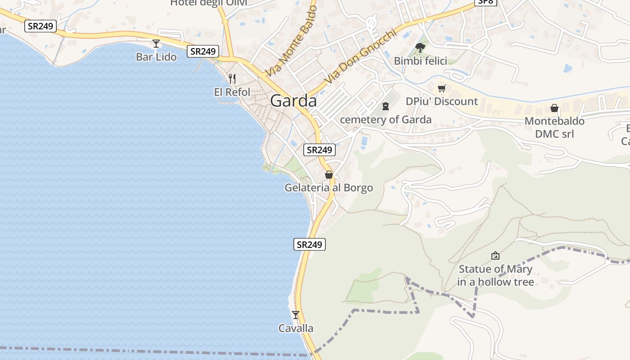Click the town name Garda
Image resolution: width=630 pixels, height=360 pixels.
click(x=293, y=101)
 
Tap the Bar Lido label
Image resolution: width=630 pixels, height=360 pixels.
click(x=156, y=57)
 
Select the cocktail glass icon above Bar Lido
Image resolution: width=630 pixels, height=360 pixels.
click(x=156, y=44)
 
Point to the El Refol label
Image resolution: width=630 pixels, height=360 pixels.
click(x=232, y=92)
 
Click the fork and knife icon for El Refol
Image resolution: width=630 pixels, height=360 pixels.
click(x=232, y=79)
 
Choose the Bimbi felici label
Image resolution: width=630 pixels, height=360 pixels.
click(x=420, y=61)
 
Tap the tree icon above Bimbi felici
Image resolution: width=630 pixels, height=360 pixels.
click(x=420, y=47)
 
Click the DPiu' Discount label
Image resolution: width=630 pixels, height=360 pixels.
click(x=441, y=101)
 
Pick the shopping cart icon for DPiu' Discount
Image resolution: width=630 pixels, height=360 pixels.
click(x=442, y=88)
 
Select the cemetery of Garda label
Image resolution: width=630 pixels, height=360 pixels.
click(x=386, y=120)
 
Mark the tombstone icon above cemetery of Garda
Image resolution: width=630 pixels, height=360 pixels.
click(x=386, y=106)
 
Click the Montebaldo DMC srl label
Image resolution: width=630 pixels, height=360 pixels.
click(x=554, y=127)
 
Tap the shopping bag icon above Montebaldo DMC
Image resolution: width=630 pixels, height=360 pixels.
click(x=554, y=108)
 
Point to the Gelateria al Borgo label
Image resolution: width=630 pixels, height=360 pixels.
click(x=328, y=188)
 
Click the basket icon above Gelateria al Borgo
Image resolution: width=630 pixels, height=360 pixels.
click(x=329, y=175)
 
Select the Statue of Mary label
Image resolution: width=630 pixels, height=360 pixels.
click(x=495, y=275)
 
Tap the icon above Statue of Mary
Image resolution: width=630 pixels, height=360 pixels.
click(x=495, y=256)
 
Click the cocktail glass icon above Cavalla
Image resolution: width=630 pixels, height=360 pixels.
click(x=296, y=315)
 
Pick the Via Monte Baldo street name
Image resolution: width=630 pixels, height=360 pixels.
click(x=291, y=41)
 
